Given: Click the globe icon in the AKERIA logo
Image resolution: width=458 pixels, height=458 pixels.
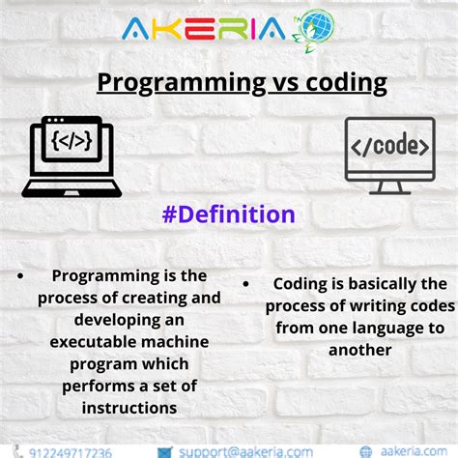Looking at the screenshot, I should click(317, 30).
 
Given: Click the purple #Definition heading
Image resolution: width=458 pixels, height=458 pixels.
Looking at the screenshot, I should click(229, 214).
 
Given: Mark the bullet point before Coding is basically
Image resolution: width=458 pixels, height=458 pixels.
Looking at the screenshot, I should click(249, 285).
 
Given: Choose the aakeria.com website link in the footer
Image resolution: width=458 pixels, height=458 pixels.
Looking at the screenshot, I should click(413, 451).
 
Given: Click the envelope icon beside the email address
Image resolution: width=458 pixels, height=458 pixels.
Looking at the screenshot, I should click(165, 451).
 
